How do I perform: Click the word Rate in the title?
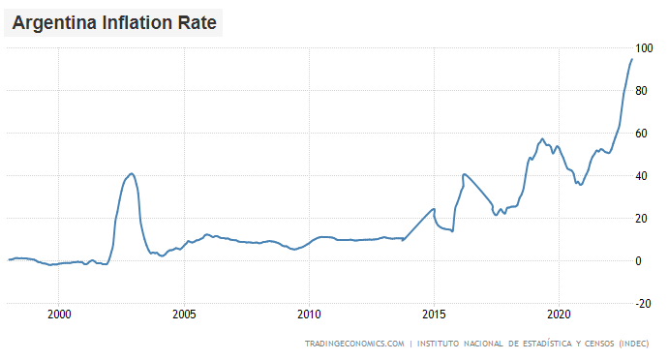click(x=198, y=19)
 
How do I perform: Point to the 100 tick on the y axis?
click(x=643, y=48)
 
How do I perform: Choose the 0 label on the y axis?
click(x=638, y=261)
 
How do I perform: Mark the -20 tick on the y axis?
click(x=642, y=304)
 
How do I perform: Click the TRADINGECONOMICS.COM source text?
click(x=353, y=344)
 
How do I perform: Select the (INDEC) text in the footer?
click(x=634, y=344)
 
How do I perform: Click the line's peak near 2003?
click(x=132, y=173)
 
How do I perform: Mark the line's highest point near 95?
click(x=632, y=59)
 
